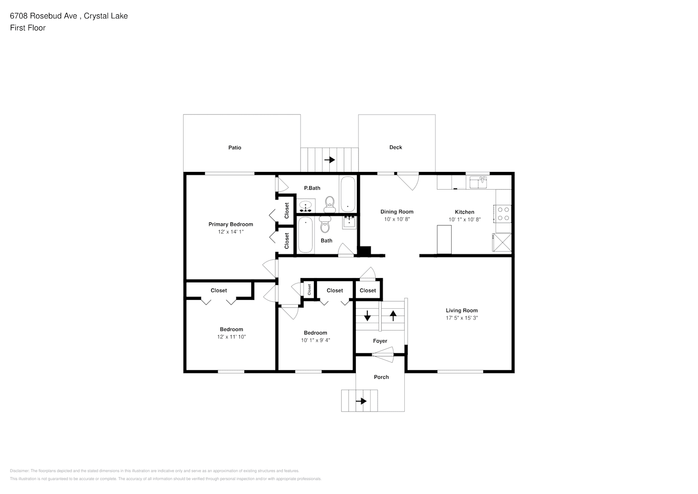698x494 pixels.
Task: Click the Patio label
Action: pos(234,148)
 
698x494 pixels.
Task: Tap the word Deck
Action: pos(395,147)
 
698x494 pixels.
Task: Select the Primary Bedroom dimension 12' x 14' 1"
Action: pos(231,232)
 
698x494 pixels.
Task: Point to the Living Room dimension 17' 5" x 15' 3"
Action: pos(462,318)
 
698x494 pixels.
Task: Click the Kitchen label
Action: pos(464,212)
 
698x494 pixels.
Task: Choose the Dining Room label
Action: pos(396,212)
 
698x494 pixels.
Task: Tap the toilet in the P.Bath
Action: pos(330,203)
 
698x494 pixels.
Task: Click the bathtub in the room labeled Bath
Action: pos(306,235)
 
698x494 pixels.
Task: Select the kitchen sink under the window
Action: pos(478,183)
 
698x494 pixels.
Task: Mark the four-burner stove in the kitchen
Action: pos(504,213)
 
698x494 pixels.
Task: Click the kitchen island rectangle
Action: pos(444,240)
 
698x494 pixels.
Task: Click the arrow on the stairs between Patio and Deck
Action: pos(329,160)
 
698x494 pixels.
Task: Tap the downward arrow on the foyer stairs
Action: pos(367,315)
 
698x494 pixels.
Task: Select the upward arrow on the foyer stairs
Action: pos(393,315)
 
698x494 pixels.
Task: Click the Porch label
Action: pos(381,377)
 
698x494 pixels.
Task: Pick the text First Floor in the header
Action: pos(28,28)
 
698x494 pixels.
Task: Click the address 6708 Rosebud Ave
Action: pos(43,16)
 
